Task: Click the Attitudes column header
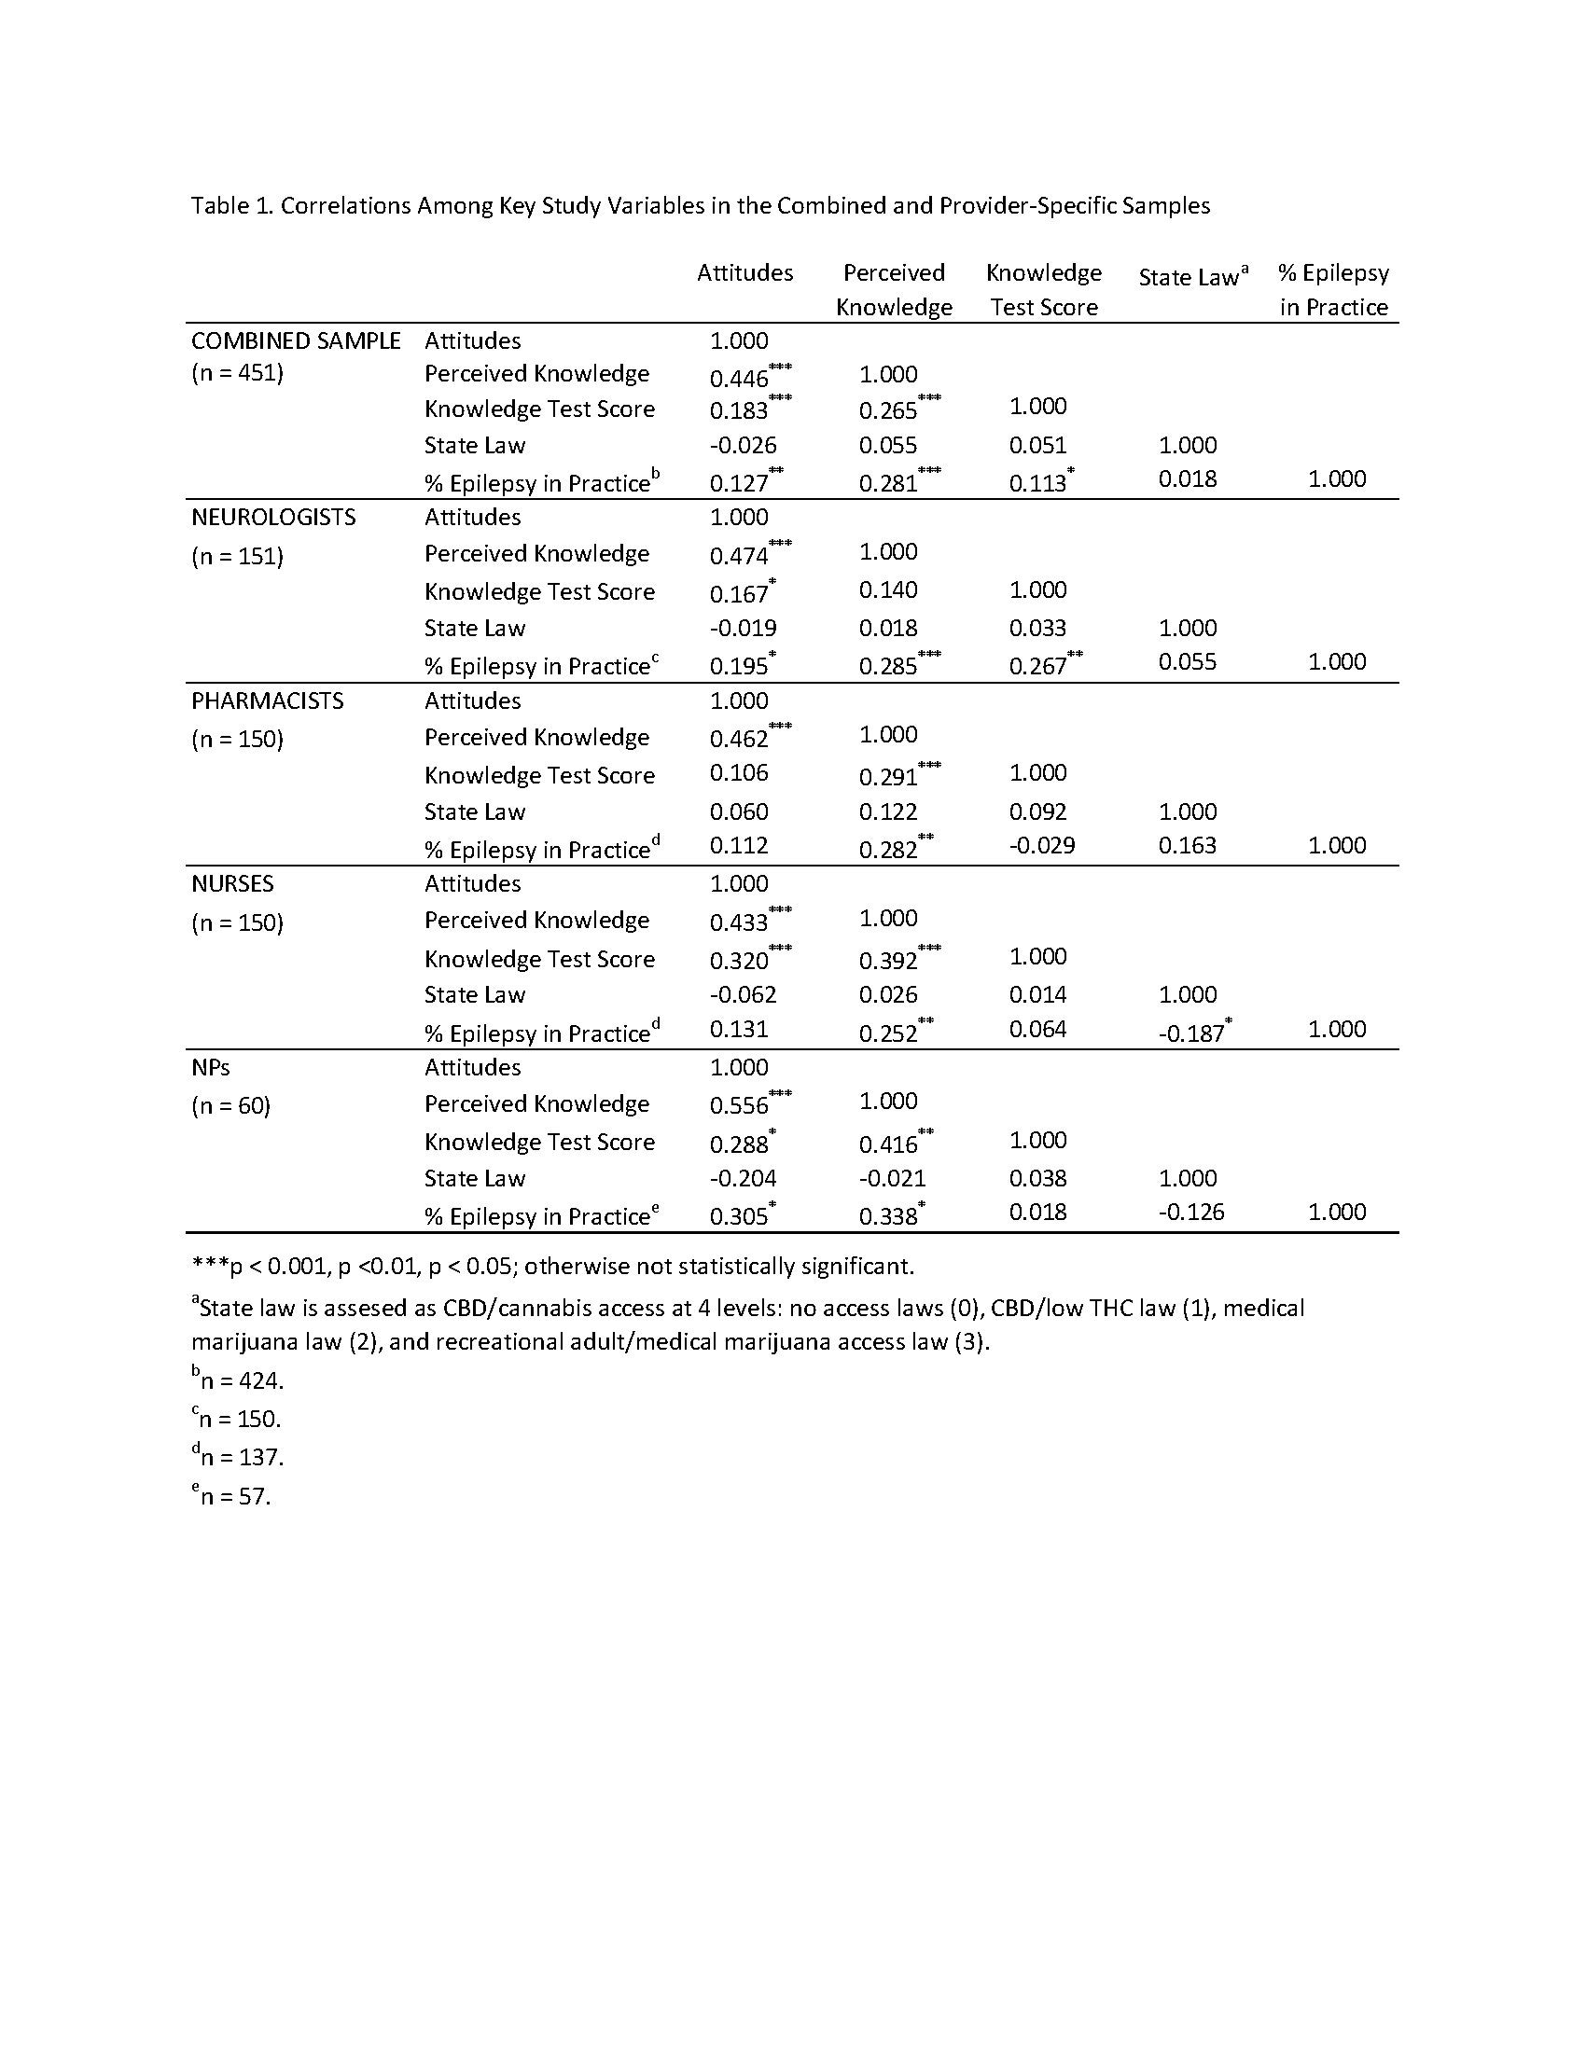coord(744,272)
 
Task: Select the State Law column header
coord(1189,277)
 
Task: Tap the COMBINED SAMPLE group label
coord(296,340)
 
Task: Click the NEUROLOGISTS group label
coord(273,517)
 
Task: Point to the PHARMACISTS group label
coord(268,700)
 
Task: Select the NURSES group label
coord(233,883)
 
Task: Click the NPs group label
coord(211,1067)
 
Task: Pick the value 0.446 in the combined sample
coord(740,378)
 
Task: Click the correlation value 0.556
coord(740,1105)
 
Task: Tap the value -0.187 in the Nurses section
coord(1191,1033)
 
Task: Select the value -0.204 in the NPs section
coord(744,1178)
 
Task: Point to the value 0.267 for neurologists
coord(1038,666)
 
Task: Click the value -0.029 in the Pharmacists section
coord(1042,845)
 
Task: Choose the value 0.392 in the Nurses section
coord(889,960)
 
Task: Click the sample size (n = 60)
coord(231,1106)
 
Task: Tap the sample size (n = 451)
coord(238,373)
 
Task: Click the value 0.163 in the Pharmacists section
coord(1188,845)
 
